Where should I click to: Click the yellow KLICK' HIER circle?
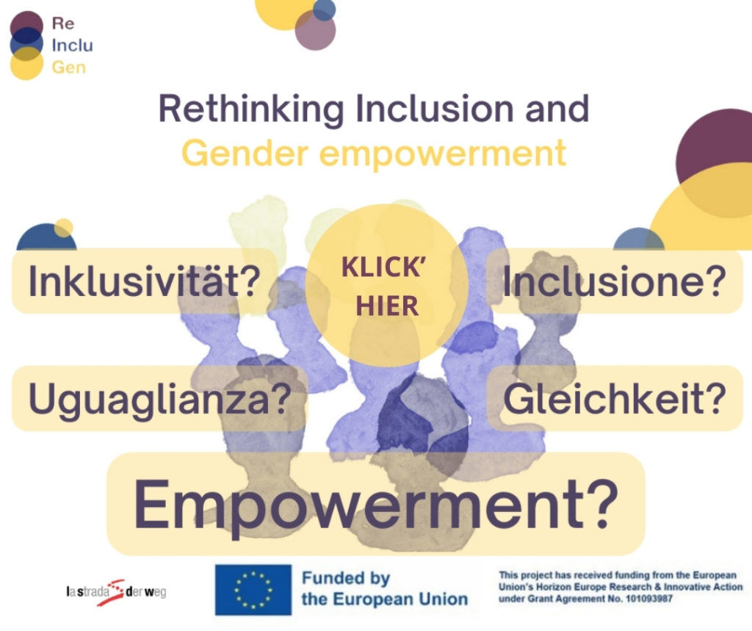(x=386, y=285)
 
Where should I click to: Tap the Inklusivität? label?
(x=145, y=281)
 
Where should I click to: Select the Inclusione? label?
(x=615, y=281)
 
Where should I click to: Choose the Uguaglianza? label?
(x=159, y=399)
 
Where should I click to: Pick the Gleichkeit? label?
(x=615, y=399)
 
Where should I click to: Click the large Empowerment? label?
(x=376, y=505)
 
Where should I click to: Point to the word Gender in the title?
(x=245, y=154)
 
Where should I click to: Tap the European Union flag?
(x=253, y=590)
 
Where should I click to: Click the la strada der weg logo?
(x=117, y=592)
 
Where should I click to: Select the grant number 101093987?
(x=649, y=599)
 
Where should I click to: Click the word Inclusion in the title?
(x=435, y=109)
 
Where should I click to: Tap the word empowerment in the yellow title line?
(x=443, y=154)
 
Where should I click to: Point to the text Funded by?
(x=346, y=578)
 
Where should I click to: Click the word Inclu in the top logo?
(x=73, y=45)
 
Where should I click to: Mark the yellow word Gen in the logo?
(x=68, y=67)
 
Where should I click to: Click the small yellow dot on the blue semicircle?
(x=63, y=228)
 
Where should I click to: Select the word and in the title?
(x=557, y=109)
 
